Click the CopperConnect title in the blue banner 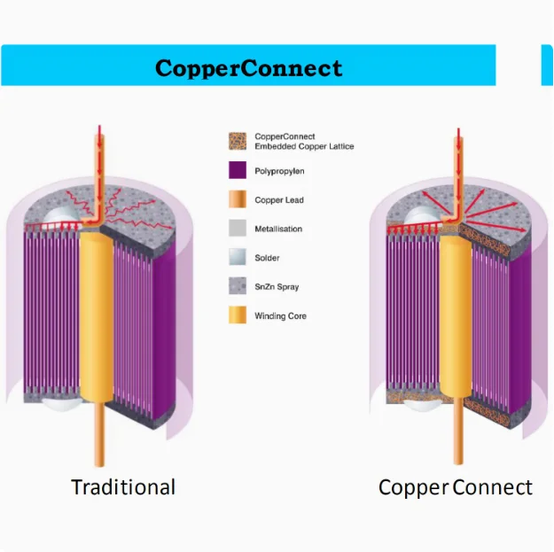[248, 68]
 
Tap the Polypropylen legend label [279, 171]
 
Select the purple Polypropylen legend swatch [237, 170]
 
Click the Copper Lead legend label [279, 200]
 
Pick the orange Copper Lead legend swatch [237, 199]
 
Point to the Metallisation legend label [278, 229]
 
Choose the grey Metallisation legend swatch [237, 229]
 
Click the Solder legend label [267, 258]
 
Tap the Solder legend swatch [237, 257]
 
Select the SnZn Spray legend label [277, 287]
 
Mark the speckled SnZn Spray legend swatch [237, 286]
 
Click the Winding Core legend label [280, 316]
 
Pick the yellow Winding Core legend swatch [237, 315]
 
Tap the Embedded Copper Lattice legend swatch [237, 141]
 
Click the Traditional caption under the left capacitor [123, 487]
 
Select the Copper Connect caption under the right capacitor [456, 487]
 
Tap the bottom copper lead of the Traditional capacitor [96, 443]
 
